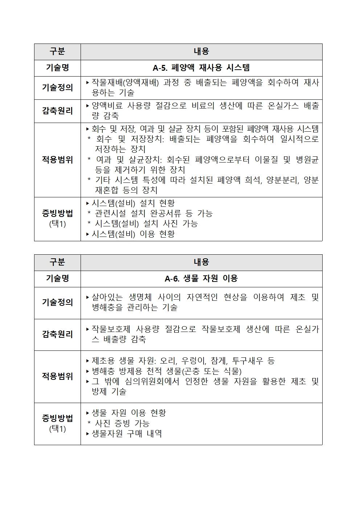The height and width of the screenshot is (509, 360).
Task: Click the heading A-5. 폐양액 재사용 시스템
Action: pyautogui.click(x=201, y=68)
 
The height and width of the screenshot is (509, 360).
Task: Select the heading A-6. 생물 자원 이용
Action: pyautogui.click(x=201, y=279)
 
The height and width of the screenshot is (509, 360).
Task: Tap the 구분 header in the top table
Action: pyautogui.click(x=57, y=52)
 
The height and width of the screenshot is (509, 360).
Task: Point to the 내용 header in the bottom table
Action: pyautogui.click(x=201, y=262)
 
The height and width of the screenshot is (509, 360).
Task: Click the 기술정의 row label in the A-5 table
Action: pyautogui.click(x=57, y=88)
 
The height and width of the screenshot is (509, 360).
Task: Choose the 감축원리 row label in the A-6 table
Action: pyautogui.click(x=57, y=334)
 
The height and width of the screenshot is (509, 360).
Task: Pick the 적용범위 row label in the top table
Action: pyautogui.click(x=57, y=160)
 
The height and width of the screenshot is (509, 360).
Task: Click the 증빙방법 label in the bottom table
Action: pyautogui.click(x=57, y=418)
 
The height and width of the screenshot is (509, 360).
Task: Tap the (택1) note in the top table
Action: pyautogui.click(x=57, y=224)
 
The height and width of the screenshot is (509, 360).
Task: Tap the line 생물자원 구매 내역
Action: pyautogui.click(x=127, y=434)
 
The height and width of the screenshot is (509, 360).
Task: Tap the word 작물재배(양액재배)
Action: pyautogui.click(x=125, y=83)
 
